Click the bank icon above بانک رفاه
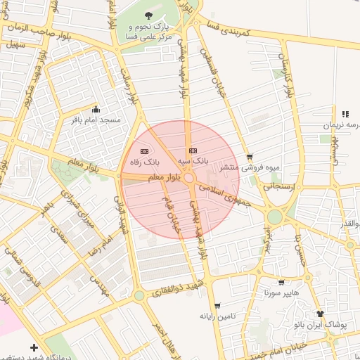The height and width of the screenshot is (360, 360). (x=145, y=151)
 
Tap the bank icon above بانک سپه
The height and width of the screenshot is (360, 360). (x=193, y=151)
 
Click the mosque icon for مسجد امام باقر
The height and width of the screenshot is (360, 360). (x=96, y=110)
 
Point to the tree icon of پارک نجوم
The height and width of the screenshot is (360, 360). (x=148, y=15)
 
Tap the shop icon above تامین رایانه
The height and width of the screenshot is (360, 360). (x=217, y=305)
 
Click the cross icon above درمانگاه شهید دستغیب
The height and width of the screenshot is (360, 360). (x=34, y=347)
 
